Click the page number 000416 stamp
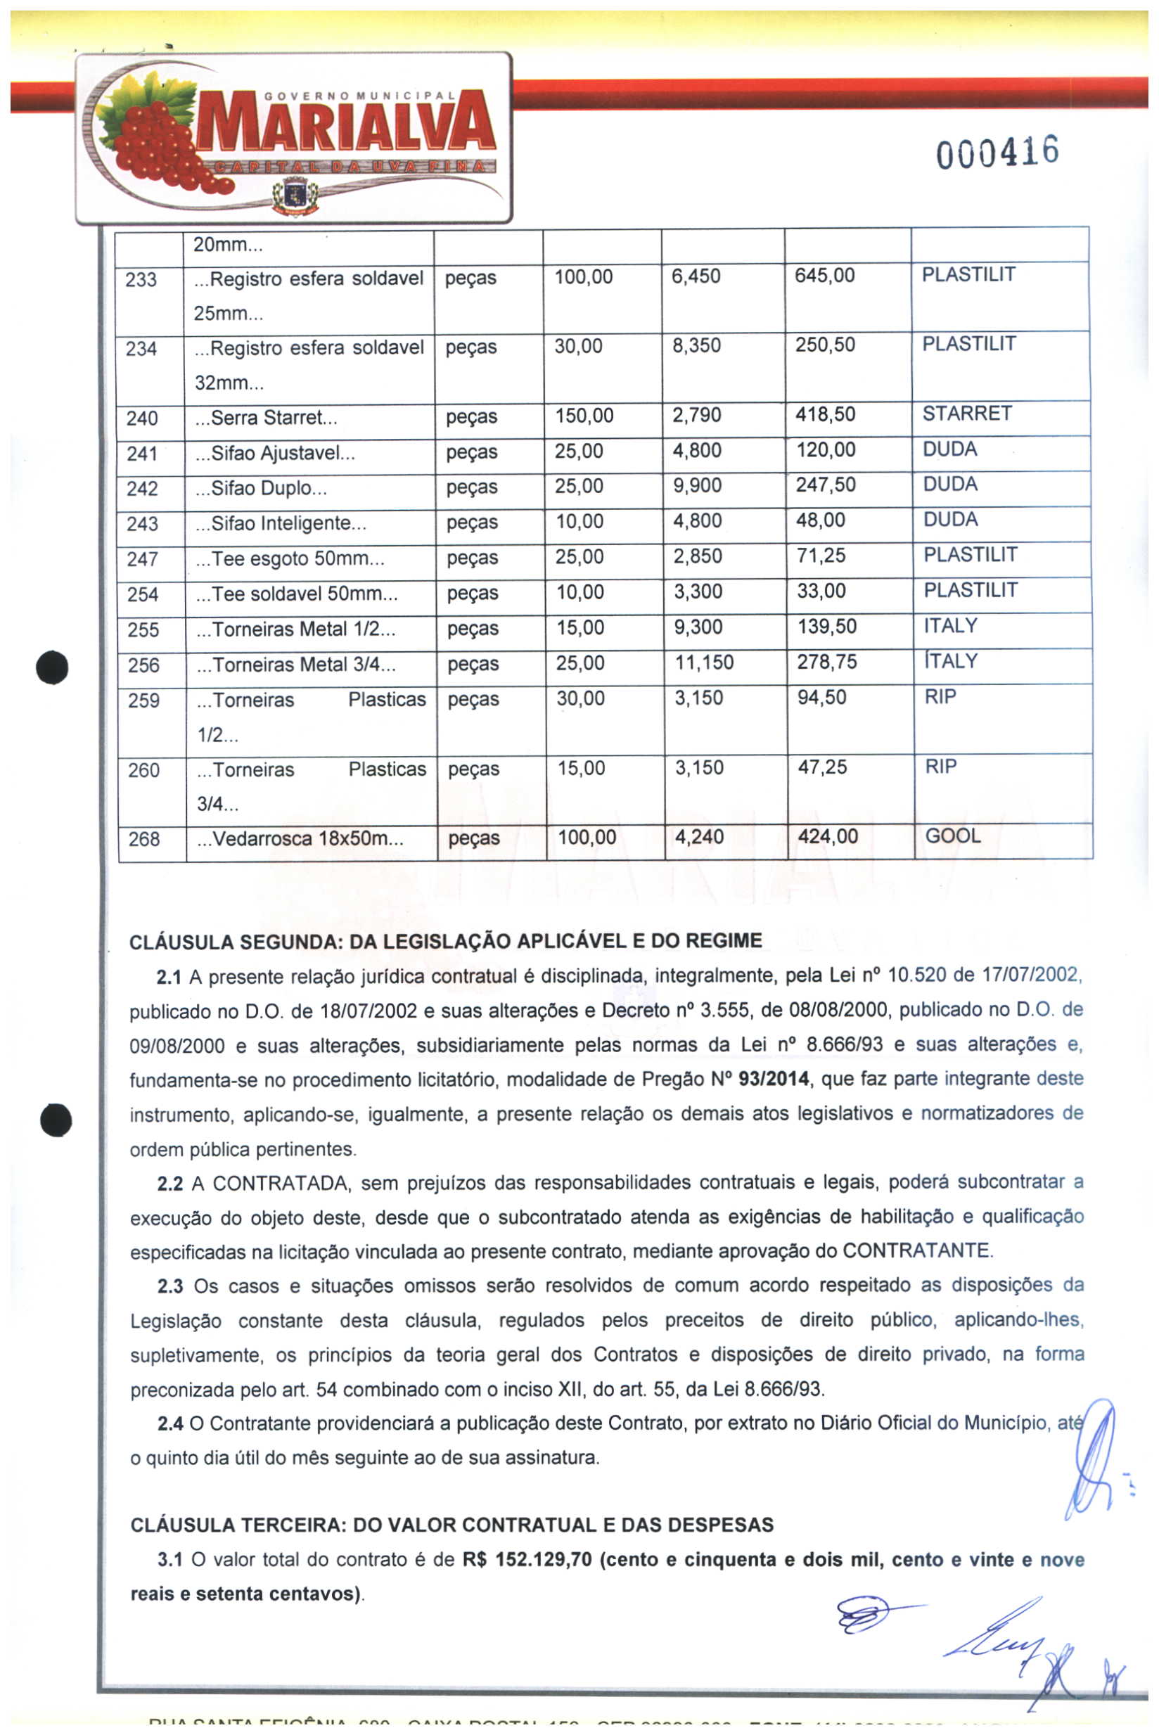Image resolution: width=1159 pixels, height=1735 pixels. pyautogui.click(x=997, y=153)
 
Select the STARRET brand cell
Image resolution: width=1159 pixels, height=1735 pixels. pyautogui.click(x=967, y=414)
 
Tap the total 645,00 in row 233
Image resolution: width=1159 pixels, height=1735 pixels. pyautogui.click(x=824, y=276)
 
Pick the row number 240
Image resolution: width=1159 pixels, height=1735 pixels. pyautogui.click(x=142, y=418)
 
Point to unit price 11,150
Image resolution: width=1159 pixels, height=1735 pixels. pyautogui.click(x=704, y=662)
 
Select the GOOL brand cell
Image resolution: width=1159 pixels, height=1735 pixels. pyautogui.click(x=953, y=836)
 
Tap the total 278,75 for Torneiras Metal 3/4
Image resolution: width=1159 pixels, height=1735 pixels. pyautogui.click(x=826, y=662)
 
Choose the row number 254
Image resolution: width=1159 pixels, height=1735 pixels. pyautogui.click(x=143, y=594)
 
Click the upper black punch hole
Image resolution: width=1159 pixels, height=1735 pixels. pyautogui.click(x=53, y=667)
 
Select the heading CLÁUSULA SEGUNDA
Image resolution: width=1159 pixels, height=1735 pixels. pyautogui.click(x=445, y=941)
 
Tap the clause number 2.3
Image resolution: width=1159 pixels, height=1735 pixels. pyautogui.click(x=170, y=1286)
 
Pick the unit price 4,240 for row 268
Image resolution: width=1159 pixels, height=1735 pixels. pyautogui.click(x=698, y=837)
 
